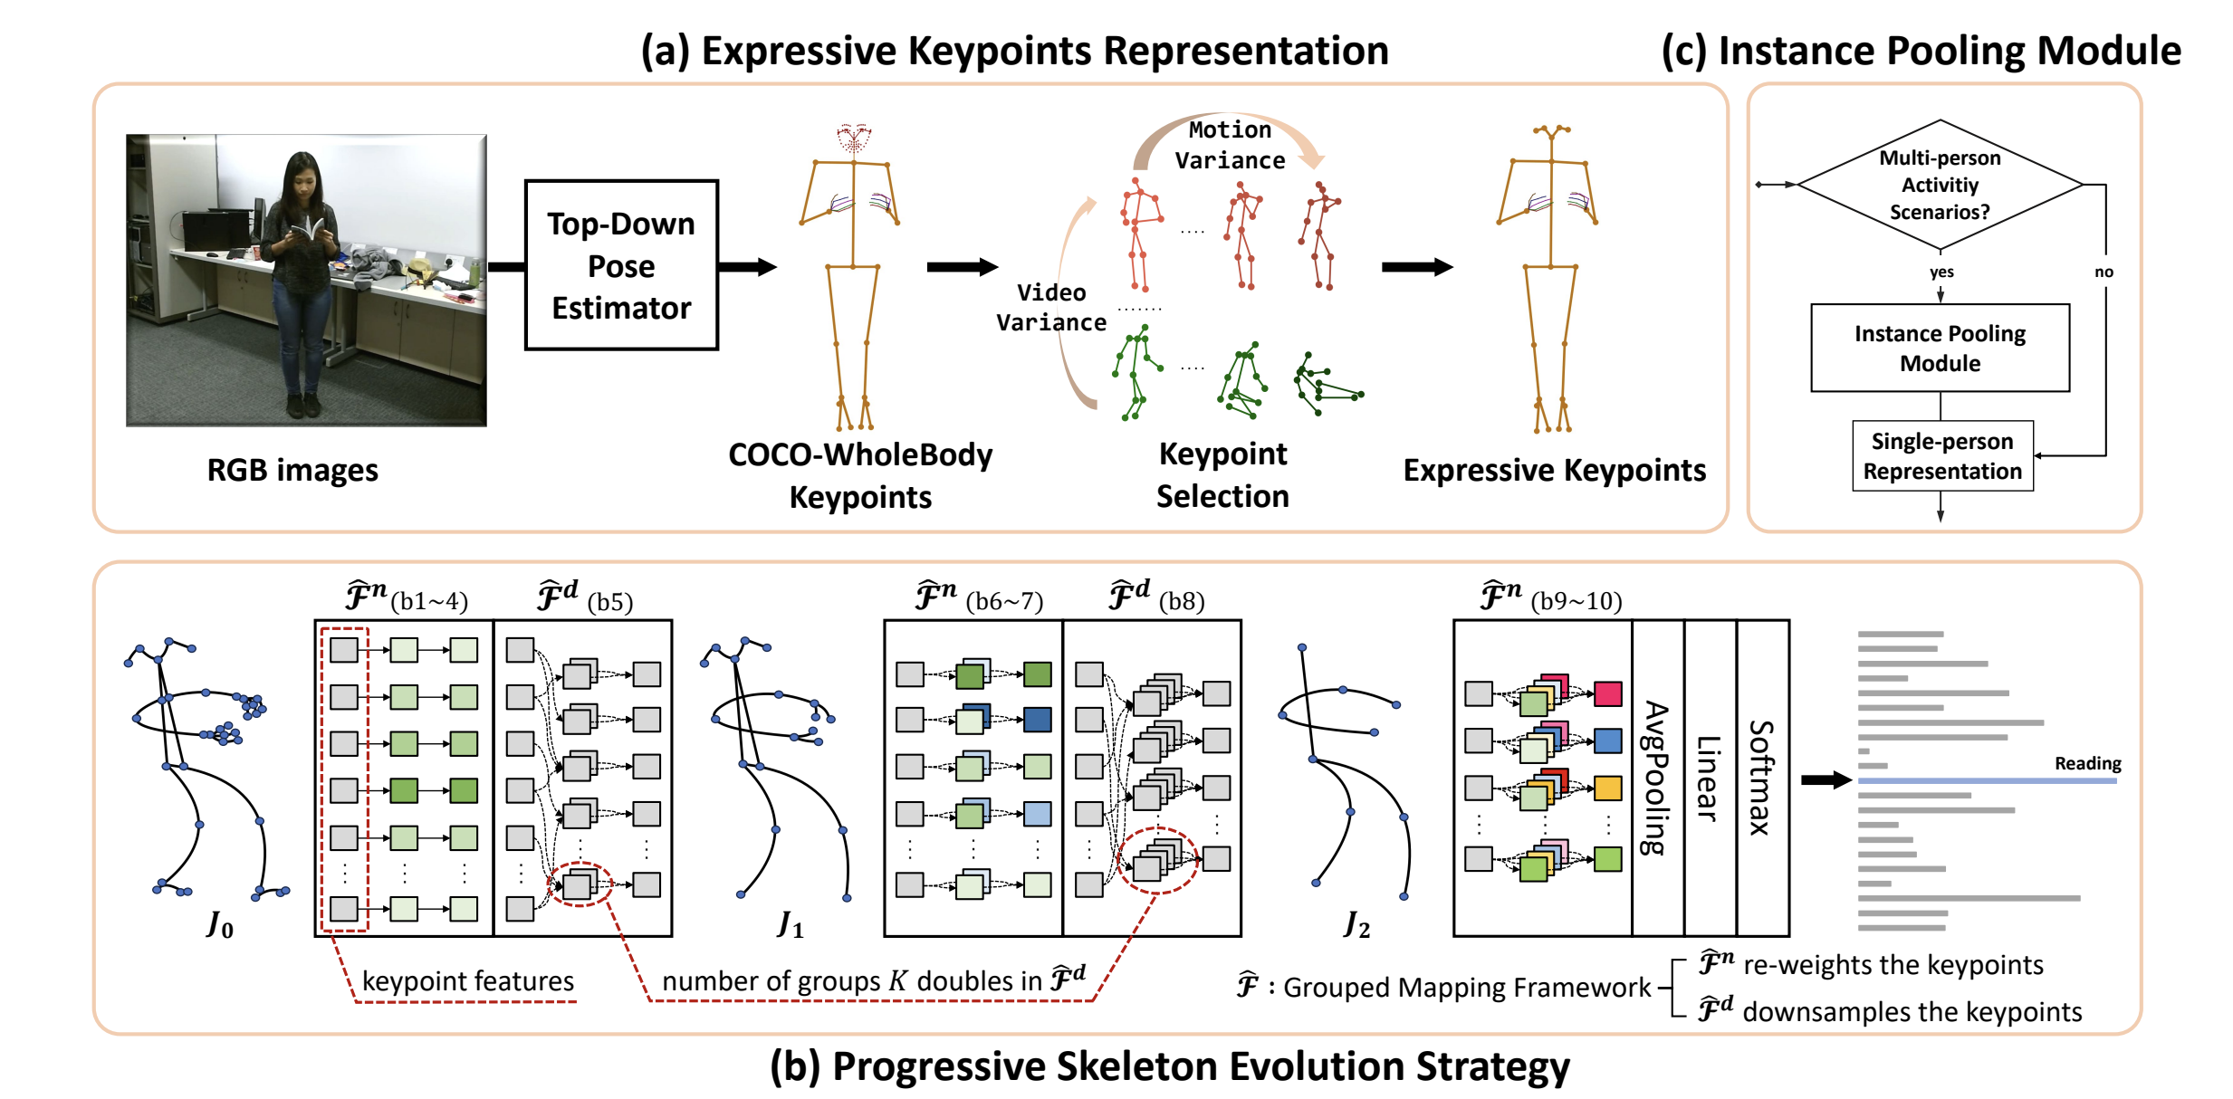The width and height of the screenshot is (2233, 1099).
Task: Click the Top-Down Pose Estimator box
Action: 621,265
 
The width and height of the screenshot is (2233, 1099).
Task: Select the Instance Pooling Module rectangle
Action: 1940,348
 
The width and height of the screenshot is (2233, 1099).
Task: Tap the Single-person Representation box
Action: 1942,456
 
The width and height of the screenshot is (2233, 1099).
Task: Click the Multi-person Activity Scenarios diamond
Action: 1940,185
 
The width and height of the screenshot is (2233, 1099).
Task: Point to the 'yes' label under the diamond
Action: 1941,272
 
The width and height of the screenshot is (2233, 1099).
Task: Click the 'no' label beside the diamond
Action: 2104,272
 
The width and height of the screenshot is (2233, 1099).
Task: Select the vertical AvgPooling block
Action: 1657,778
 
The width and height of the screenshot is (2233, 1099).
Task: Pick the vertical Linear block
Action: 1710,778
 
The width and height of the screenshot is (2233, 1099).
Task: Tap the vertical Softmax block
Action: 1762,778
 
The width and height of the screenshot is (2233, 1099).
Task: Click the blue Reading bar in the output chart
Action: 1987,780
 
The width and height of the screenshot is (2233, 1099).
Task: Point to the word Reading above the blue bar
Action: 2087,763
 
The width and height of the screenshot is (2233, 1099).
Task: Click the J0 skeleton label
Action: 220,924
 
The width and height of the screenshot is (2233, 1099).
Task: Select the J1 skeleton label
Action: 791,924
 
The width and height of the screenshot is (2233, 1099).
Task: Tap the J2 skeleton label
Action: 1356,924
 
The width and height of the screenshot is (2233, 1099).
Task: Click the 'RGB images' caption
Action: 292,470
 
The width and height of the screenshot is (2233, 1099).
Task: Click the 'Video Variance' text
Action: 1051,307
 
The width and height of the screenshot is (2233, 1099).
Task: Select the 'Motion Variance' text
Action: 1230,145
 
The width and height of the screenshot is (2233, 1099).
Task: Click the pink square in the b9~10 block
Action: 1607,693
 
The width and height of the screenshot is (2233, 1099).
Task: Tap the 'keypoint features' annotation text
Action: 468,980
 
